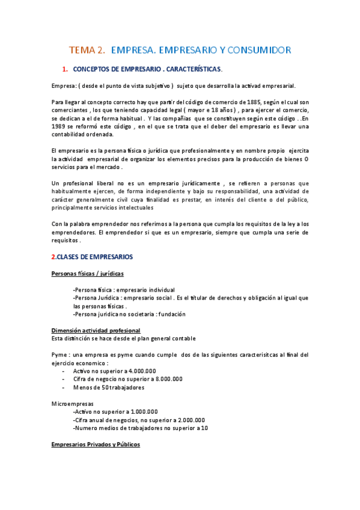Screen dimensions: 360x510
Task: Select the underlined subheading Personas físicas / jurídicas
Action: (x=87, y=274)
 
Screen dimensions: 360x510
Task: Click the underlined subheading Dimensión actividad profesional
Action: (x=96, y=330)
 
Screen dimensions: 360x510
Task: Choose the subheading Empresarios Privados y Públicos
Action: (x=96, y=444)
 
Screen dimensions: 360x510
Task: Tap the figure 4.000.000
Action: (x=139, y=370)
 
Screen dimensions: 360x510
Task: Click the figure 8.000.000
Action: (x=166, y=379)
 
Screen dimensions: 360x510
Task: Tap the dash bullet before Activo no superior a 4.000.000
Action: (x=64, y=370)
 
